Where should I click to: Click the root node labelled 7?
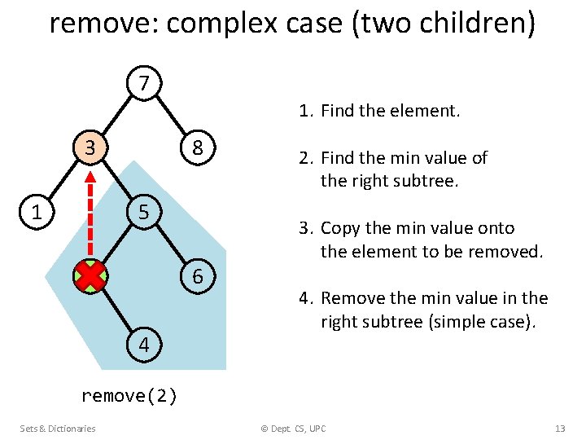tap(144, 83)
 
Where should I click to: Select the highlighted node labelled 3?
tap(90, 147)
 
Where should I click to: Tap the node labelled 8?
tap(198, 147)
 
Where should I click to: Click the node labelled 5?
tap(144, 213)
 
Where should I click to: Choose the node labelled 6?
tap(198, 277)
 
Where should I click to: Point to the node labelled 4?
tap(144, 345)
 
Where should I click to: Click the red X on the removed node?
tap(90, 277)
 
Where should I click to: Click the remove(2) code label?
tap(129, 396)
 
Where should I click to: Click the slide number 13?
tap(559, 429)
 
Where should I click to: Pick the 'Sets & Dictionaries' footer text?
tap(58, 429)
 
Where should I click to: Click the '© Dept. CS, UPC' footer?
tap(293, 429)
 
